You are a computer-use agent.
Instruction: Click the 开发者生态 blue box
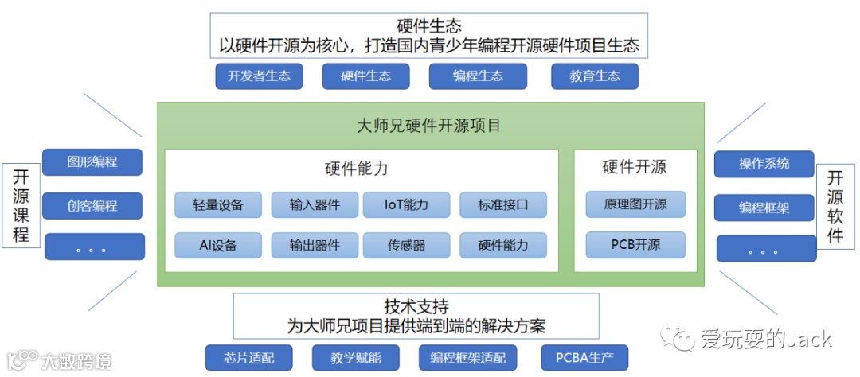pos(259,76)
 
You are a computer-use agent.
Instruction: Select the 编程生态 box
pos(478,76)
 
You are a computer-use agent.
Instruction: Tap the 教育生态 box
pos(595,76)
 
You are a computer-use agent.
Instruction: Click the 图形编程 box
pos(92,162)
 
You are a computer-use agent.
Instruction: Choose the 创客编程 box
pos(92,206)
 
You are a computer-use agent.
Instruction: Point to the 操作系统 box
pos(764,164)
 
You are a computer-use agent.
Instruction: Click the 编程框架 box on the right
pos(764,208)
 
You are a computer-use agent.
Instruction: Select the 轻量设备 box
pos(217,204)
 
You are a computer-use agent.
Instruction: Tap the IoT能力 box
pos(406,204)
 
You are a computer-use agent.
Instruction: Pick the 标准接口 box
pos(502,204)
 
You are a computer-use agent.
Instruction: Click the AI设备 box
pos(217,245)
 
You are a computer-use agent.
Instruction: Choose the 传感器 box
pos(406,245)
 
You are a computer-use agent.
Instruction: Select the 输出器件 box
pos(315,245)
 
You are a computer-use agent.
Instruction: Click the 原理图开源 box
pos(635,204)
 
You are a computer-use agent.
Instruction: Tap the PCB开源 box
pos(635,245)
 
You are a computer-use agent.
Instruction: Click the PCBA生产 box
pos(584,357)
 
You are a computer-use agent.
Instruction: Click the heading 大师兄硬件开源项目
pos(429,126)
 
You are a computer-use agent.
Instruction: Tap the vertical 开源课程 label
pos(21,205)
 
